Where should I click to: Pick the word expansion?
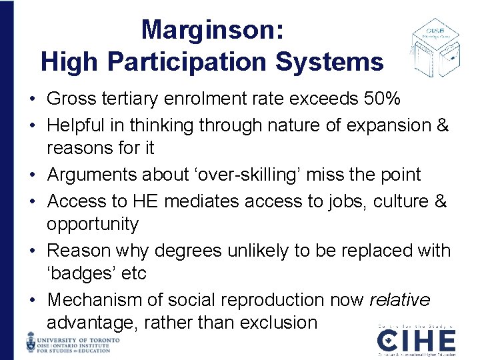tap(377, 125)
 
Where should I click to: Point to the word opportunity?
tap(93, 224)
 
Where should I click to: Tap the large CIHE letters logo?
tap(416, 341)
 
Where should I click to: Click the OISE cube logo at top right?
tap(434, 47)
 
